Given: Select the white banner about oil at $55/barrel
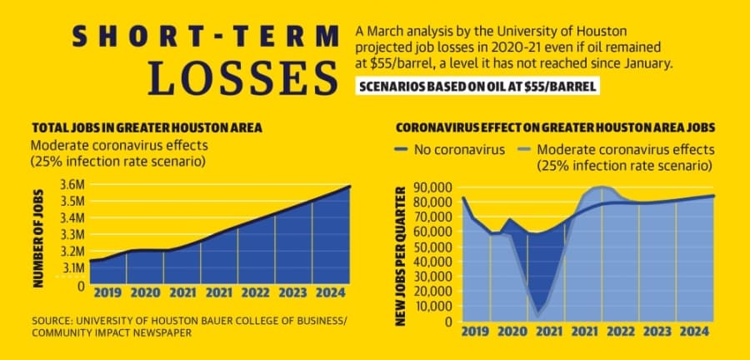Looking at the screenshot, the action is coord(477,87).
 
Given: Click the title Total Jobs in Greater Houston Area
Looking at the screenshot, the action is coord(147,128).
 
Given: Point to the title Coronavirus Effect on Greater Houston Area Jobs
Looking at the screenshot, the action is coord(555,127).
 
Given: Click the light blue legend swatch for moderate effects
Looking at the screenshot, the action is coord(524,151).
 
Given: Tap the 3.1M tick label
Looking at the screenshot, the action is coord(74,267).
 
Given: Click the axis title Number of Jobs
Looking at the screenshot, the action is coord(38,238).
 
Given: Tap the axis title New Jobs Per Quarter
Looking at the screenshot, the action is coord(401,257).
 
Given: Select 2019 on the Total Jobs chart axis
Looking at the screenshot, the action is coord(107,292).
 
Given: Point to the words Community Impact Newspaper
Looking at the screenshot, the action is coord(111,332).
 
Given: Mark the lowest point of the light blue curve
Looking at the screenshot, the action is coord(538,315).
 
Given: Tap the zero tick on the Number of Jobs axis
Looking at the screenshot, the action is coord(81,287).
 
